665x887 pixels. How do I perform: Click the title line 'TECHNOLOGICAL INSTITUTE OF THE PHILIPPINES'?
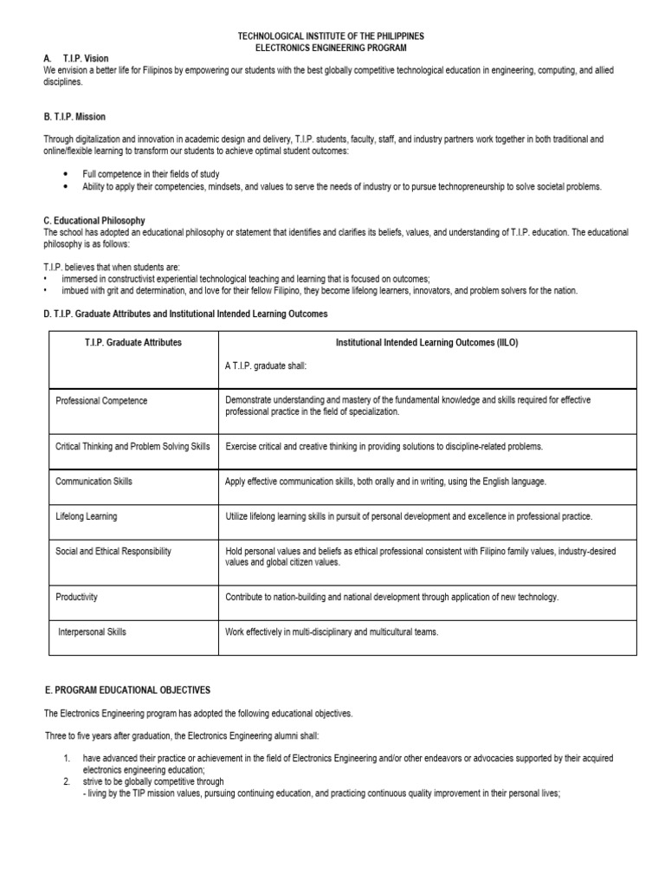point(332,36)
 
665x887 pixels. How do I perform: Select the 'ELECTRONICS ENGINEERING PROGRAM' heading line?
point(332,48)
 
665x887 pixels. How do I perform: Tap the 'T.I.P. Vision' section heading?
point(86,59)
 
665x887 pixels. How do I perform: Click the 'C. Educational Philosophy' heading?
point(94,221)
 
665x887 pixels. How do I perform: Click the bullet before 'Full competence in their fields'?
point(65,174)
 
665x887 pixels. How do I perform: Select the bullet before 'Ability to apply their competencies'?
point(65,186)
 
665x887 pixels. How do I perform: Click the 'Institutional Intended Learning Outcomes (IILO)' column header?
point(427,343)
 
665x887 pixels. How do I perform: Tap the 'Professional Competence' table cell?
point(101,401)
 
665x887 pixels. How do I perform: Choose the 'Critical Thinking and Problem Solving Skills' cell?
point(132,447)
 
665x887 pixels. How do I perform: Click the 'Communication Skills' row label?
point(94,482)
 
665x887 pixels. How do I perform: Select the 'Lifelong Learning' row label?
point(86,516)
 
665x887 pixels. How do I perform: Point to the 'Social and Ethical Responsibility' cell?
point(113,551)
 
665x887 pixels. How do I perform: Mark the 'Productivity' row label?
point(76,597)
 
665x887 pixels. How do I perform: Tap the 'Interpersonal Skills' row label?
point(92,631)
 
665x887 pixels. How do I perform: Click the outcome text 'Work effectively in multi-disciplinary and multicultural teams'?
point(332,631)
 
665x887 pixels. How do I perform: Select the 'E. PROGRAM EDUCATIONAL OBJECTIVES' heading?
point(127,690)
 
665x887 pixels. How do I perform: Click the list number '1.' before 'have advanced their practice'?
point(67,758)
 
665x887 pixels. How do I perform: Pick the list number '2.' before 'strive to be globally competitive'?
point(67,780)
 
